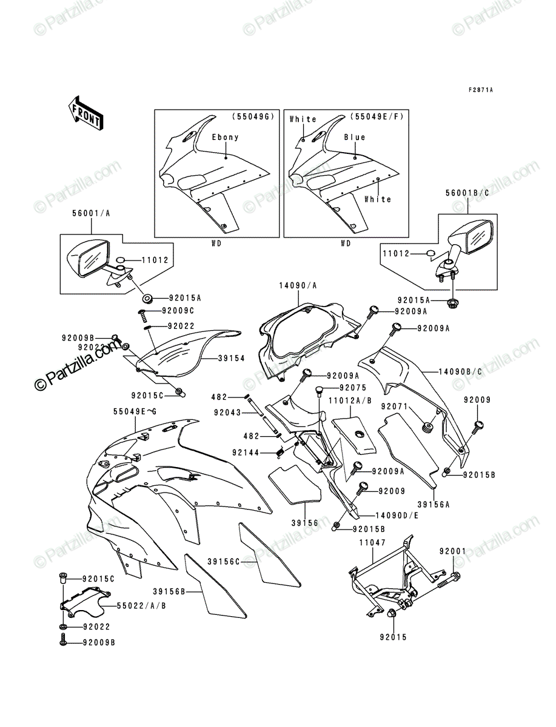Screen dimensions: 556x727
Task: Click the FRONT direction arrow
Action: tap(85, 113)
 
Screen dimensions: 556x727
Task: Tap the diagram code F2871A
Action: tap(480, 90)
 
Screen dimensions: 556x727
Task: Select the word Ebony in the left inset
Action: tap(226, 137)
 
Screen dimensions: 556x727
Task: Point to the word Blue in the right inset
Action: tap(355, 137)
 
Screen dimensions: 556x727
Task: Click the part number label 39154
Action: tap(232, 358)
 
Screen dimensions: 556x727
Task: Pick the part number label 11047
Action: tap(372, 542)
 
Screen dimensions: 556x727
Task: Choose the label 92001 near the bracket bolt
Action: tap(452, 551)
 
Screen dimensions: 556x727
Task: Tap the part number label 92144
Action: tap(246, 453)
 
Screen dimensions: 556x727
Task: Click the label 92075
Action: tap(353, 388)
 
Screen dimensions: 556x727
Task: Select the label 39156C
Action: tap(223, 562)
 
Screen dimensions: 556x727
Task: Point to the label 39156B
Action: tap(169, 591)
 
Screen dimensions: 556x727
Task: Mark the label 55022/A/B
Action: tap(141, 606)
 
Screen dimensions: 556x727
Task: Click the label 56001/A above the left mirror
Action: tap(91, 214)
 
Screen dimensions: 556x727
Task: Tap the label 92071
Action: tap(394, 407)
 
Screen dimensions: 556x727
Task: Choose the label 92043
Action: tap(227, 413)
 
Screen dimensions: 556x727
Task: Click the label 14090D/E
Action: tap(397, 516)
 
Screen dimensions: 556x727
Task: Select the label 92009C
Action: tap(178, 311)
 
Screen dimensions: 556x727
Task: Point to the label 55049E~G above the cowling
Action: tap(135, 412)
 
